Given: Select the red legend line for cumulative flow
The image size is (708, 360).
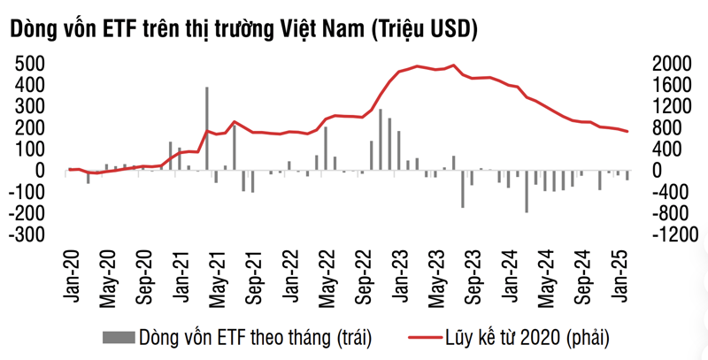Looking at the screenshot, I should (x=425, y=337).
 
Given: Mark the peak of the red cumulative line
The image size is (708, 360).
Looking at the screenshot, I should (x=454, y=65).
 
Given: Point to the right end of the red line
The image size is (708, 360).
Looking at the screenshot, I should (x=628, y=132).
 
